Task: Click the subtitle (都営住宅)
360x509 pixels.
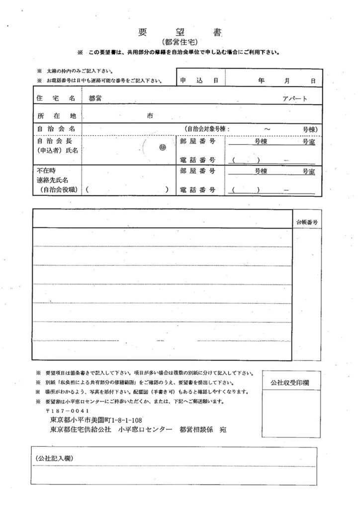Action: [x=180, y=42]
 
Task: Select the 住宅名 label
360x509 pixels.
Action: [x=55, y=98]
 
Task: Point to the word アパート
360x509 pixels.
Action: [x=295, y=98]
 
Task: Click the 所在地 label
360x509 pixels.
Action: [x=55, y=115]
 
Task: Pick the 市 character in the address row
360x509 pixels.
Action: [x=150, y=115]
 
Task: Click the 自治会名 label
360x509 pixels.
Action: [x=55, y=129]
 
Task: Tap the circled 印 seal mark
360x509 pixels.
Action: [x=162, y=147]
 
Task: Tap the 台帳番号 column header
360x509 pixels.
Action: [x=306, y=222]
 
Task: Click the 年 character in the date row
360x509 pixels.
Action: [x=261, y=80]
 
